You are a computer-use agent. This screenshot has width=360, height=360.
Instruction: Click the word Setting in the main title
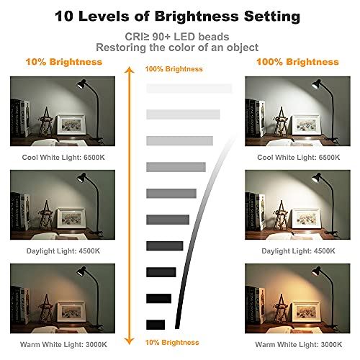point(272,17)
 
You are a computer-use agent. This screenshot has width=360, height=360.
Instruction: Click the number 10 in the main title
point(64,16)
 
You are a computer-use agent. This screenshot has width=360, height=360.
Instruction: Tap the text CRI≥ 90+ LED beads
point(177,37)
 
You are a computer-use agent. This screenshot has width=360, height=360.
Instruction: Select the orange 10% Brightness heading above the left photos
point(64,62)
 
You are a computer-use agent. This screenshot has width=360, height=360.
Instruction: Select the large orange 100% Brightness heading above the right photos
point(297,62)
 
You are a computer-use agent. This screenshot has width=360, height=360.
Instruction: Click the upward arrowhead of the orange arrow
point(130,70)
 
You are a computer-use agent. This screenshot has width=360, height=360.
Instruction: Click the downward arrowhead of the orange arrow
point(130,341)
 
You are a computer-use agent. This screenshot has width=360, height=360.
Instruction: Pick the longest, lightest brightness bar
point(189,89)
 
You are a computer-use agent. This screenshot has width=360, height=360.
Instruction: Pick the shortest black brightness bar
point(156,325)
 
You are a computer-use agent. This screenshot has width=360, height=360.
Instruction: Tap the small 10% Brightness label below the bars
point(172,343)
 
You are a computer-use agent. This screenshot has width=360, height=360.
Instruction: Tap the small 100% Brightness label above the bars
point(174,69)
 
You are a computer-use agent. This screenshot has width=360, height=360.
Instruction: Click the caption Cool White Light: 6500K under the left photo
point(63,158)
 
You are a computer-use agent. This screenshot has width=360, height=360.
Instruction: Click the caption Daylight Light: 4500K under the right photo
point(298,251)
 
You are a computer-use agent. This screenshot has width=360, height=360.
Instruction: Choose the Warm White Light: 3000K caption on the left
point(63,345)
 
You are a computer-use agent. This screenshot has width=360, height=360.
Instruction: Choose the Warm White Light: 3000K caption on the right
point(299,345)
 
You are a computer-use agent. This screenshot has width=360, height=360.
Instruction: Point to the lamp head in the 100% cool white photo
point(316,84)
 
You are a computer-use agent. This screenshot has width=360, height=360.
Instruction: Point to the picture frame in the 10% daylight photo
point(71,218)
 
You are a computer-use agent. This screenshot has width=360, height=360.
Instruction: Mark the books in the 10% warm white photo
point(20,305)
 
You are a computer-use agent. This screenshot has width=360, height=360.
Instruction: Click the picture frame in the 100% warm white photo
point(306,312)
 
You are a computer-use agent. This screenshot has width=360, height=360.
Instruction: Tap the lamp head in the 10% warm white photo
point(81,271)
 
